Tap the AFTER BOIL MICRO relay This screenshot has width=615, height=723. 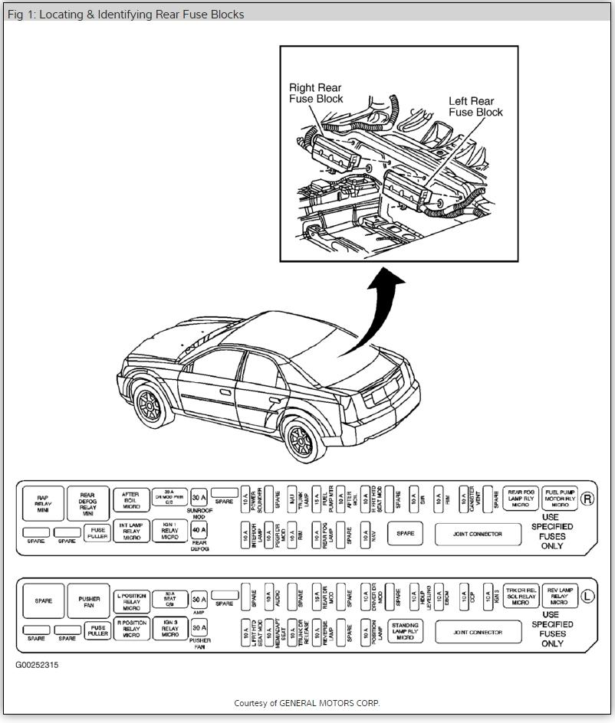131,500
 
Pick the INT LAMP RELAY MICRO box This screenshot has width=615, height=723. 131,532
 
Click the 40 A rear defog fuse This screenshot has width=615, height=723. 199,530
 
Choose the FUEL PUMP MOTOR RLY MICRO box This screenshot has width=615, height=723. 560,499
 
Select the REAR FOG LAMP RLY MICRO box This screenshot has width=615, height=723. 521,499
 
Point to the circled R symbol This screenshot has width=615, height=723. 588,499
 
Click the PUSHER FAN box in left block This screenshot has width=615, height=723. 89,600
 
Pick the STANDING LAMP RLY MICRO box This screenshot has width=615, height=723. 406,630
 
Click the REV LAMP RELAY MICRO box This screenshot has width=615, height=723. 560,597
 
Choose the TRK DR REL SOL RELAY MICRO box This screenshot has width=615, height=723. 521,597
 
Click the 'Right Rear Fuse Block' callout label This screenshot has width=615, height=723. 316,93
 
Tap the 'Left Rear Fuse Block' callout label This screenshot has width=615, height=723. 475,106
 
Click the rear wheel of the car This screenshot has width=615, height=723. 305,438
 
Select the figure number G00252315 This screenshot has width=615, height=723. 37,665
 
